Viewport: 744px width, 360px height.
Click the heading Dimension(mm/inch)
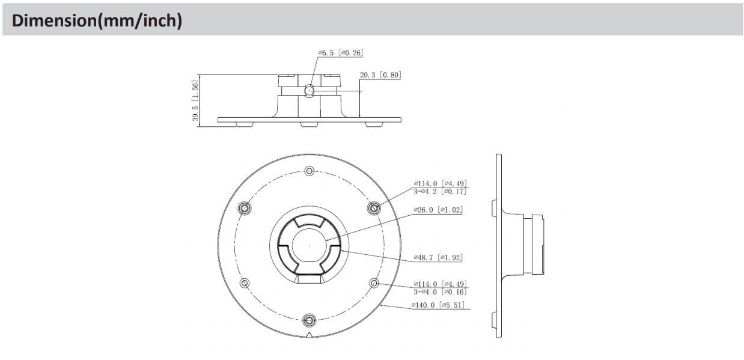click(97, 20)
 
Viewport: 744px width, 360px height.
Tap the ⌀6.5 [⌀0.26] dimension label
click(340, 53)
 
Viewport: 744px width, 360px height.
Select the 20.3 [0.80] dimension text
click(380, 75)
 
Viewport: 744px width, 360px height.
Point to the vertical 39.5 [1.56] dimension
click(195, 100)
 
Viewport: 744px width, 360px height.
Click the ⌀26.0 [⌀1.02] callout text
click(438, 210)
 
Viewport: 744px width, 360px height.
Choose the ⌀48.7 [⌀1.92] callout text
click(438, 257)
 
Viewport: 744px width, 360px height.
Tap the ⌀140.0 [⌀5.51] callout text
click(438, 305)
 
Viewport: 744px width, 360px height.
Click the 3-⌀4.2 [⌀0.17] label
click(440, 192)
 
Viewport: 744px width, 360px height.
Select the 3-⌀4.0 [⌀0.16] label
click(440, 292)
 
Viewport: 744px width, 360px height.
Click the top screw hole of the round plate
click(309, 171)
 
